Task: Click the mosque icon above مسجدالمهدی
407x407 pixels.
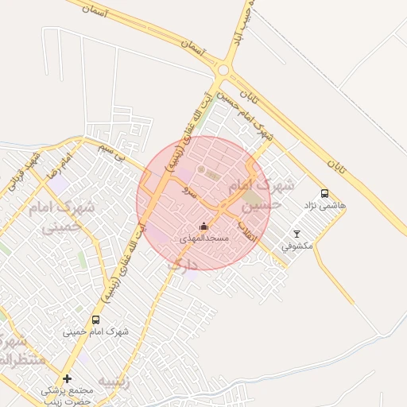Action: click(x=203, y=227)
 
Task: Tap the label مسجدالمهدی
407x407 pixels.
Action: click(x=203, y=238)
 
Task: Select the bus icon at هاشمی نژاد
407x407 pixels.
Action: click(x=324, y=193)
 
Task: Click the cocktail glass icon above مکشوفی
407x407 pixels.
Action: click(x=297, y=234)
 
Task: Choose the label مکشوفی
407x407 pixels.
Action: click(x=297, y=246)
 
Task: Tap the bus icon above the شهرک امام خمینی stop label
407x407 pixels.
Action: click(x=96, y=320)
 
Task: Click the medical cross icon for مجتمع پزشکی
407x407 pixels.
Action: click(x=67, y=378)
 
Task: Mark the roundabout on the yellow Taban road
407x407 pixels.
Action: click(x=223, y=71)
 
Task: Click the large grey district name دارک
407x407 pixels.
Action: click(x=182, y=264)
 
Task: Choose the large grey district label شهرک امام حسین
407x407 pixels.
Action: click(x=260, y=194)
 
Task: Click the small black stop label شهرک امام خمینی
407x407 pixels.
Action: click(x=99, y=331)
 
